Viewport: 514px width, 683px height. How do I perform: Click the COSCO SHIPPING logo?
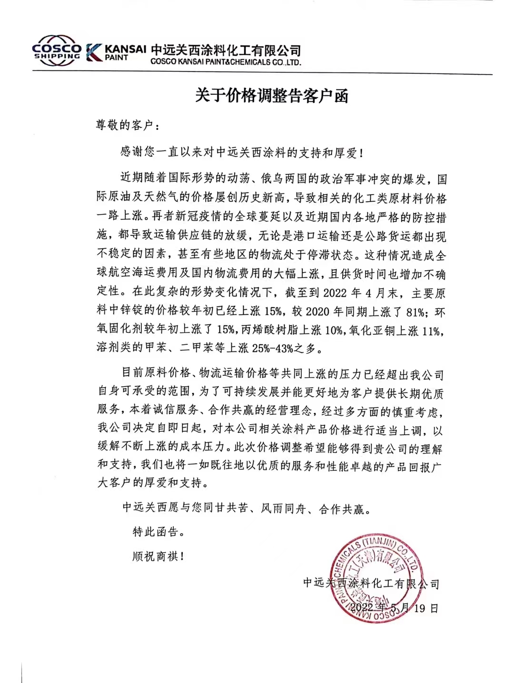pos(56,49)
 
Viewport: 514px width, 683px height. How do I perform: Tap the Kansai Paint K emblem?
pos(93,52)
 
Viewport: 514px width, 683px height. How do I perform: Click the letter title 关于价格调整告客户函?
pos(272,96)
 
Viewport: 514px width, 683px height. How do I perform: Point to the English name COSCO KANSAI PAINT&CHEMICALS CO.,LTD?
pos(226,62)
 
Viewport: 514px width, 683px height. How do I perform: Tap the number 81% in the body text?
pos(414,312)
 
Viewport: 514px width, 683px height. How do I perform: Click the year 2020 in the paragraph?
pos(317,312)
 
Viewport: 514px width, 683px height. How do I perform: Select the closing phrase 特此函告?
pos(156,532)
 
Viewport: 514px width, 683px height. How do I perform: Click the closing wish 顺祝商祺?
pos(156,556)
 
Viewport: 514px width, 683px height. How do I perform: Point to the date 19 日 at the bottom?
pos(425,608)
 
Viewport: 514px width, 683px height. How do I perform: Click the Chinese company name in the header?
pos(226,50)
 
